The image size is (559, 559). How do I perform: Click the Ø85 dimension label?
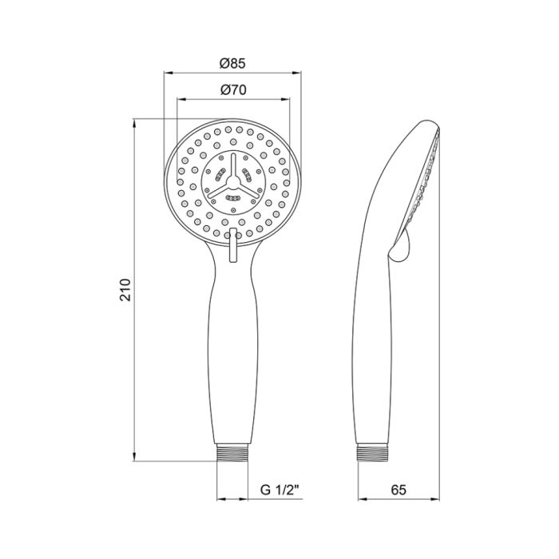click(x=232, y=61)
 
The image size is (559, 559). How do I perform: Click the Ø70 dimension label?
click(x=232, y=90)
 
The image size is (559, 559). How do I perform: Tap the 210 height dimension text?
click(x=125, y=291)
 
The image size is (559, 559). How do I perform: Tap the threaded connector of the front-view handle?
click(x=233, y=454)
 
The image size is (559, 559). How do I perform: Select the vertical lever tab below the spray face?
click(x=232, y=244)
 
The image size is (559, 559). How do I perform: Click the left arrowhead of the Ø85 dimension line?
click(x=168, y=72)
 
